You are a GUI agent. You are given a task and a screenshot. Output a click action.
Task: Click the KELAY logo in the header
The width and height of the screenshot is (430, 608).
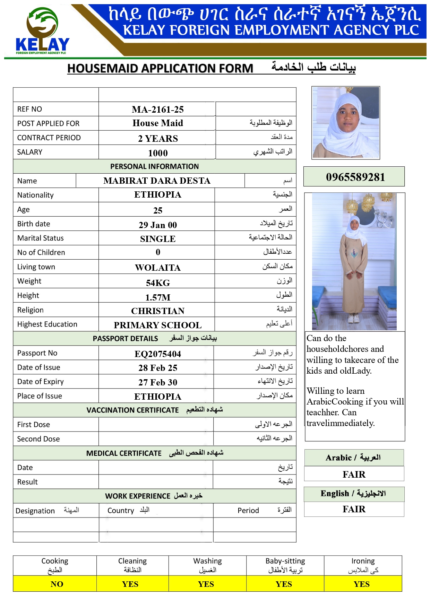[42, 32]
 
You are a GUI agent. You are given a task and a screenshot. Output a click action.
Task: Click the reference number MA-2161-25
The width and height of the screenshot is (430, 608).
[158, 110]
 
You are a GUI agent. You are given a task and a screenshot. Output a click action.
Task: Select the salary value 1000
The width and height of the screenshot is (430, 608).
[158, 153]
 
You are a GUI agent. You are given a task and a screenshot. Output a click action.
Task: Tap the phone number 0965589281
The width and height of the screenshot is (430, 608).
[355, 177]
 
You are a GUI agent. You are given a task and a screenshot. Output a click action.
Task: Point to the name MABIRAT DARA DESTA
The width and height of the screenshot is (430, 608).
[157, 181]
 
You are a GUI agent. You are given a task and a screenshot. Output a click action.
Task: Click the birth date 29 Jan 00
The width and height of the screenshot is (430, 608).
[158, 225]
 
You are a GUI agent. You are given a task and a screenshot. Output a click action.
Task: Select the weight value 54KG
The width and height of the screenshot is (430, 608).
[158, 283]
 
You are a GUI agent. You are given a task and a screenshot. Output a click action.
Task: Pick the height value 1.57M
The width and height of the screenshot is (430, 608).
[158, 297]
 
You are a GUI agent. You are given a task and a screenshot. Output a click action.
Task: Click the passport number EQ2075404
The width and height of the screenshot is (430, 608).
[158, 354]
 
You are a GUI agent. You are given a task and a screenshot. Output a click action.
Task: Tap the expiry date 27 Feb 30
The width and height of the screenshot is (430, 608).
[158, 382]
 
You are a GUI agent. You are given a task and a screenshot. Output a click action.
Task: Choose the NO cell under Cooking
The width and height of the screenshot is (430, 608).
[57, 584]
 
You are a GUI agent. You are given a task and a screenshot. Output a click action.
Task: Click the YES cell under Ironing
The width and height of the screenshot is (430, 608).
[362, 584]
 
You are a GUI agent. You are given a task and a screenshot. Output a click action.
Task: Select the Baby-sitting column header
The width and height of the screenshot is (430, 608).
[285, 565]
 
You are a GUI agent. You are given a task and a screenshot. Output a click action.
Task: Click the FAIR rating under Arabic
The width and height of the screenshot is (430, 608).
[354, 474]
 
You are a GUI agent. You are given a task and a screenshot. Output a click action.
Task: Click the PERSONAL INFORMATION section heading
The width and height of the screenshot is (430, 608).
[154, 166]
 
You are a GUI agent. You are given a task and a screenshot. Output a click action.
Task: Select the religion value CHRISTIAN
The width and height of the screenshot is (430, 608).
[158, 311]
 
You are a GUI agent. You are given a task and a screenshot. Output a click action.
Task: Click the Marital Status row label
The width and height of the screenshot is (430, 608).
[41, 238]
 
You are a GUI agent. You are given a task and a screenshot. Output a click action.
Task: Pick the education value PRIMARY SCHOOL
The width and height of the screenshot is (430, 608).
[158, 325]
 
